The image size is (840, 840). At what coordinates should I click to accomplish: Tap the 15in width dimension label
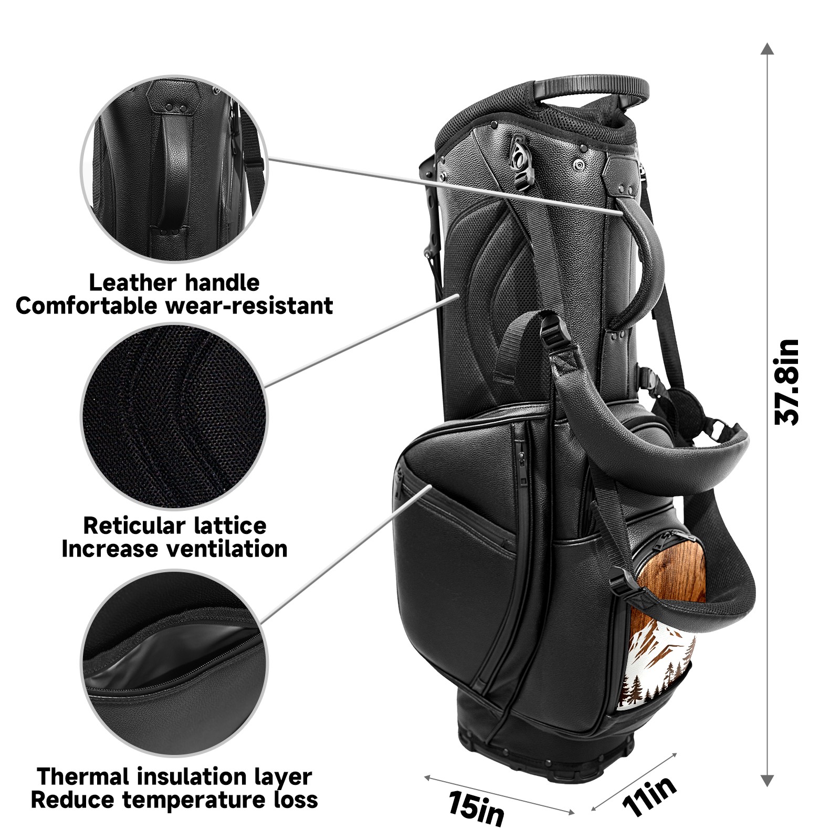pyautogui.click(x=476, y=808)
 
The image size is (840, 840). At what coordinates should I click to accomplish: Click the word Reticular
pyautogui.click(x=134, y=526)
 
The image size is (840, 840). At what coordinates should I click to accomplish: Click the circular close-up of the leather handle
pyautogui.click(x=174, y=169)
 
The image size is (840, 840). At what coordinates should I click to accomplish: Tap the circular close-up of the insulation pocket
pyautogui.click(x=174, y=663)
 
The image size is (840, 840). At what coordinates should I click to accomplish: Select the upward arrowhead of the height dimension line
pyautogui.click(x=768, y=49)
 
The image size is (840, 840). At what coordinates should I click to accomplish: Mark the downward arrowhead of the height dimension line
pyautogui.click(x=768, y=781)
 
